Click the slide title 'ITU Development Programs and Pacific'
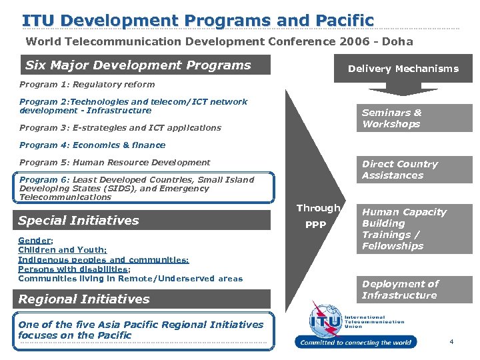coord(198,20)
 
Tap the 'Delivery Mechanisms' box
coord(403,69)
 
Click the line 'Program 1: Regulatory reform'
coord(87,85)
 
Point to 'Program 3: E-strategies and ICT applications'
coord(120,127)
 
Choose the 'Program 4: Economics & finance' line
coord(92,145)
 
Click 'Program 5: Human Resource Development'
coord(115,162)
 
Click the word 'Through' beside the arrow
coord(318,208)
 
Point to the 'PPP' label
coord(315,225)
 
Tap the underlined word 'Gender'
coord(35,240)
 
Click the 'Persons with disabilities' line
coord(73,269)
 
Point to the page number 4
coord(451,342)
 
